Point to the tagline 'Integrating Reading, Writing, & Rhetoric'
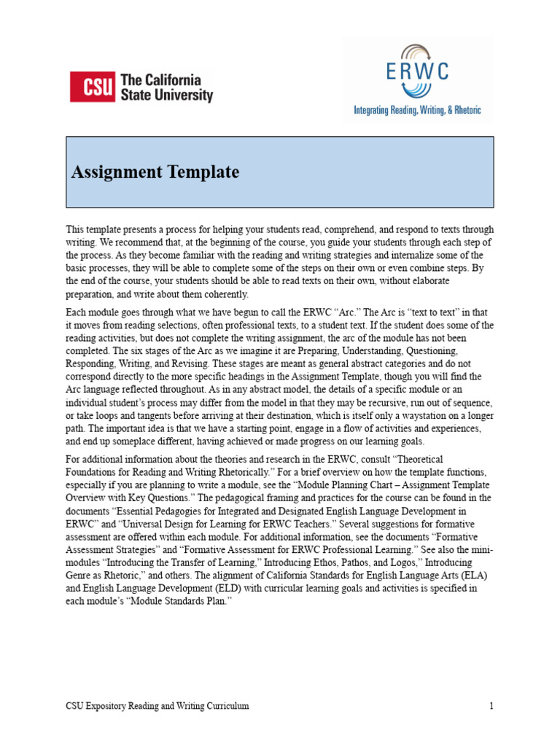click(x=417, y=111)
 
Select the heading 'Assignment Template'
click(x=155, y=173)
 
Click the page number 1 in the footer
click(x=491, y=706)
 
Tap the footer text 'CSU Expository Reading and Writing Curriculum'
click(x=157, y=706)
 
